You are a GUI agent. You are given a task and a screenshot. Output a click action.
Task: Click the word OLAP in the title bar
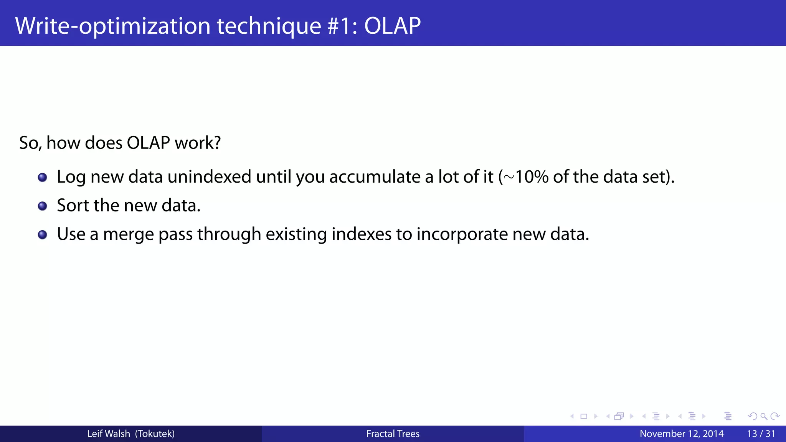pos(392,26)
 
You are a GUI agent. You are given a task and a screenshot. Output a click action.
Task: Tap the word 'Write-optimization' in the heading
pos(113,26)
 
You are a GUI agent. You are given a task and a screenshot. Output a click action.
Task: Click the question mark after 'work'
pos(217,143)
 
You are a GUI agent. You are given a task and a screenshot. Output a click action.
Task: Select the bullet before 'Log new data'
pos(43,177)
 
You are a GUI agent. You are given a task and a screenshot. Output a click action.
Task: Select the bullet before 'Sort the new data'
pos(43,206)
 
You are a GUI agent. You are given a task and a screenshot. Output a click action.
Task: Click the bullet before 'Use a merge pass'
pos(43,234)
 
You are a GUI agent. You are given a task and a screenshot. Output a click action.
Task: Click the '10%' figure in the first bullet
pos(532,177)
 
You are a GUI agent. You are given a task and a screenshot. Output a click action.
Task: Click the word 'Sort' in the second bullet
pos(73,205)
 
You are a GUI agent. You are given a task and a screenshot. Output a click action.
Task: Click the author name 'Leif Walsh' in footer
pos(108,434)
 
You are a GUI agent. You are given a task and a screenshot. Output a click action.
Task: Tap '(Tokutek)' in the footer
pos(155,434)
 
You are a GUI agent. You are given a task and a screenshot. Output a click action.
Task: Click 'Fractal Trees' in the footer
pos(393,434)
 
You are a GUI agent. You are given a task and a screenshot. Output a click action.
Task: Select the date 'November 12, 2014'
pos(681,434)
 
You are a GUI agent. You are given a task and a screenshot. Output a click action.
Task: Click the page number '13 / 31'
pos(761,434)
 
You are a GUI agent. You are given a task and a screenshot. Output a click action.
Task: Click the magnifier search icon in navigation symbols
pos(764,416)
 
